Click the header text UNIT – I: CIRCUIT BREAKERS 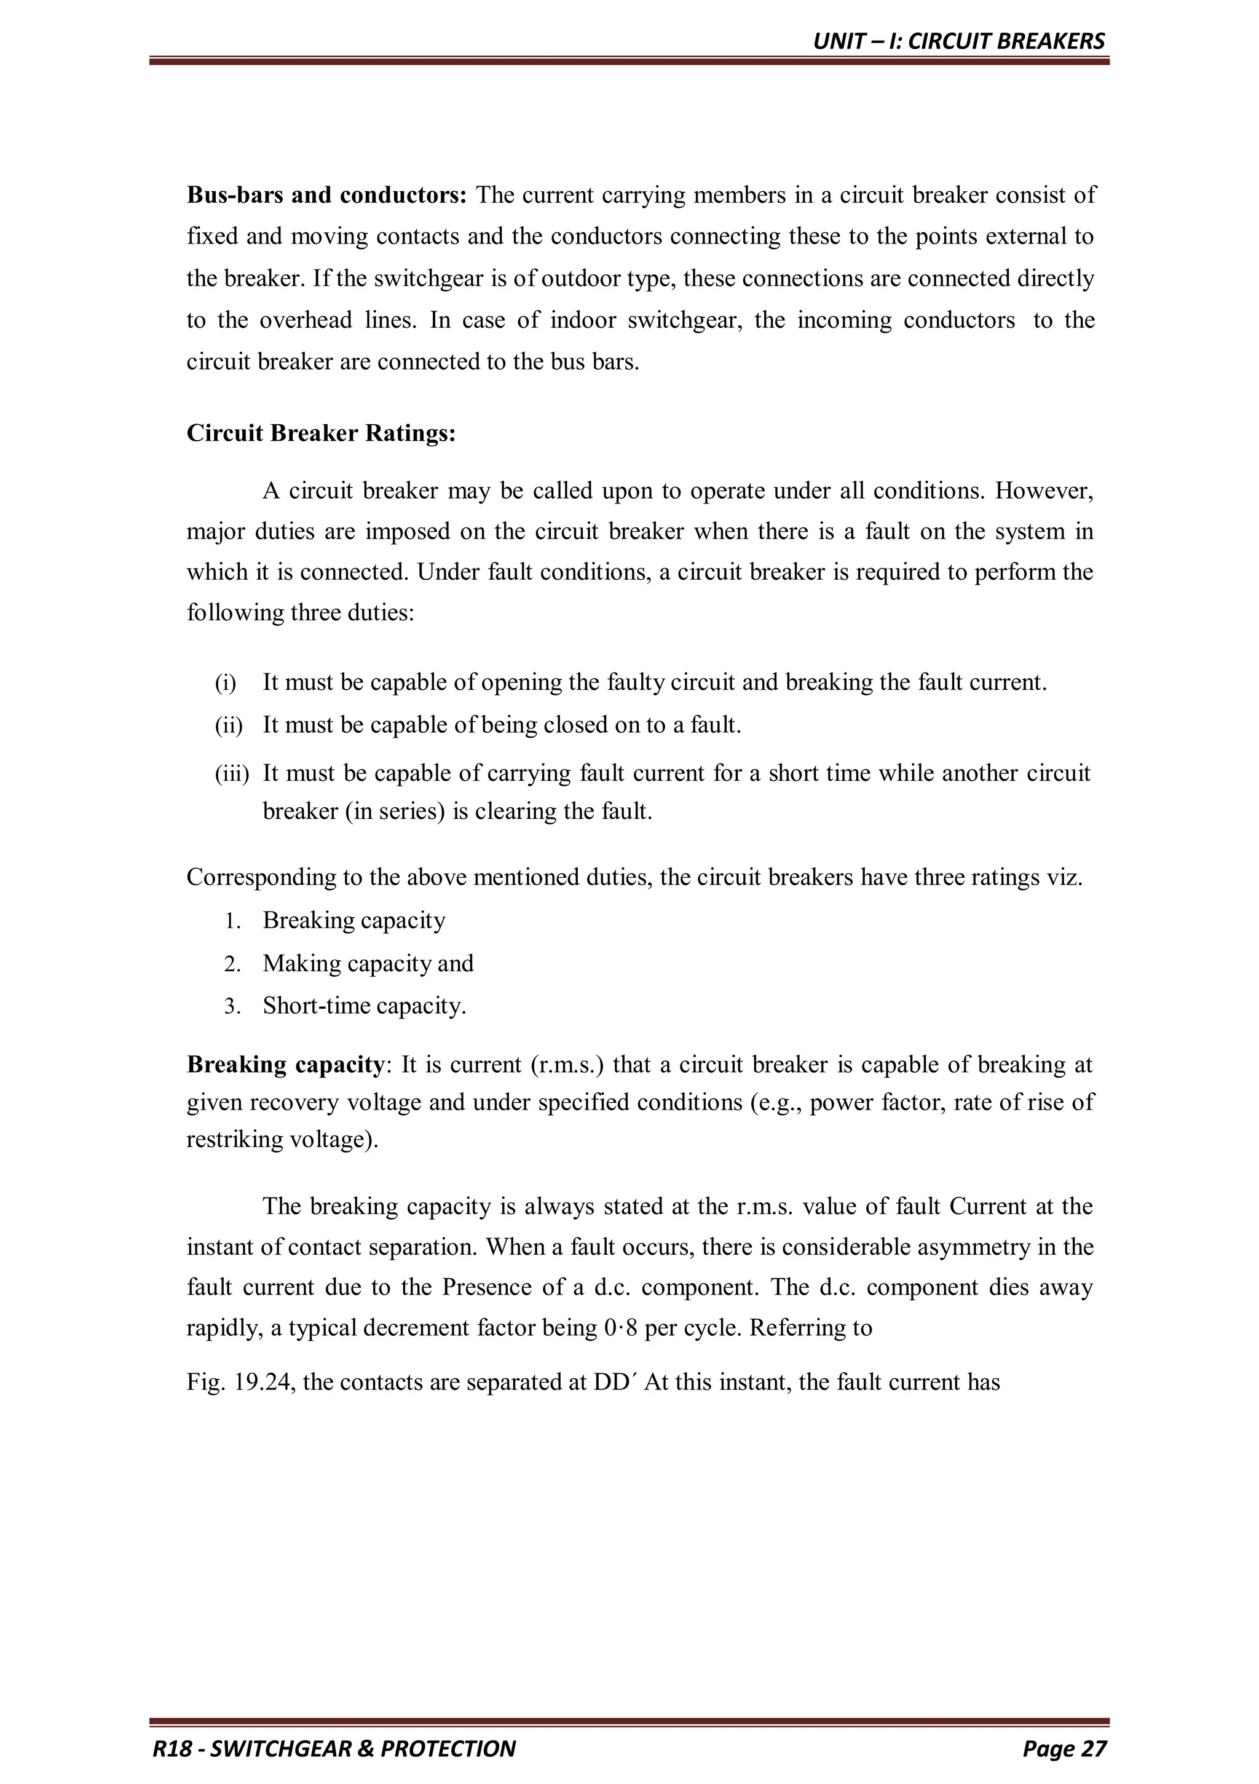[x=958, y=41]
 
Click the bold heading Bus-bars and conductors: [x=326, y=195]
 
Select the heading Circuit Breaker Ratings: [x=321, y=433]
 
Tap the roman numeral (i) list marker [x=226, y=683]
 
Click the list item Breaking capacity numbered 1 [x=353, y=921]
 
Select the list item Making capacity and [x=368, y=963]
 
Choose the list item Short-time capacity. [x=364, y=1006]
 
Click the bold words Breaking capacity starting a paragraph [x=285, y=1065]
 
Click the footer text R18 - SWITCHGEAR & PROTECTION [x=334, y=1748]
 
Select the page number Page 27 [x=1064, y=1748]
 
